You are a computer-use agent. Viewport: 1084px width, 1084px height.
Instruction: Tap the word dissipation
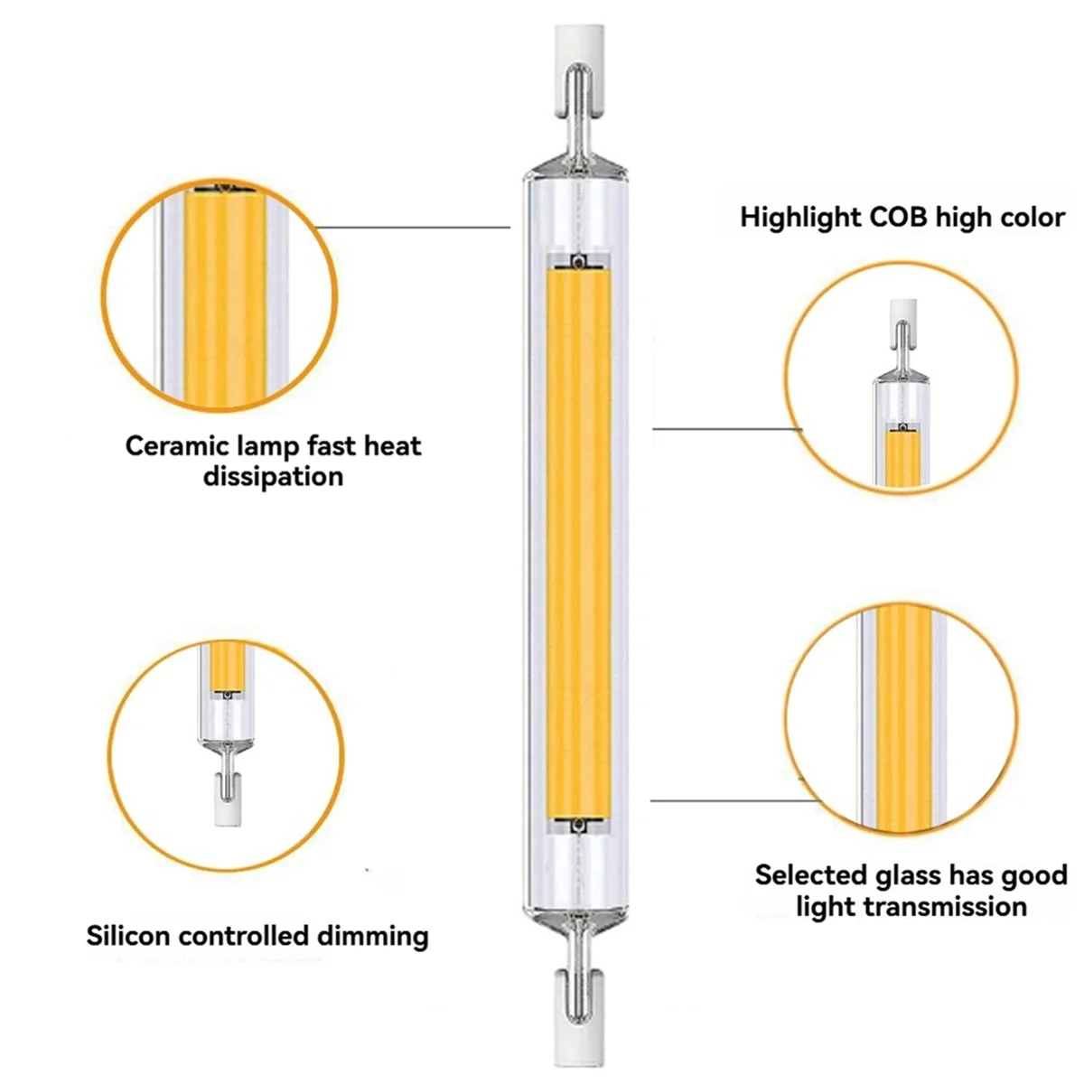point(273,477)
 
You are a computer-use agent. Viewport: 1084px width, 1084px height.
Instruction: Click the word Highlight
point(800,218)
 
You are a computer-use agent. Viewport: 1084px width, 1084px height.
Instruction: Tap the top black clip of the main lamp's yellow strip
point(579,263)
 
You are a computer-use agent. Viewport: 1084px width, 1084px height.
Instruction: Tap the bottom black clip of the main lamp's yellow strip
point(579,825)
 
